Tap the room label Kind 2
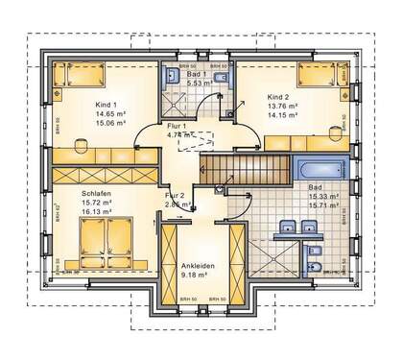click(277, 98)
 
